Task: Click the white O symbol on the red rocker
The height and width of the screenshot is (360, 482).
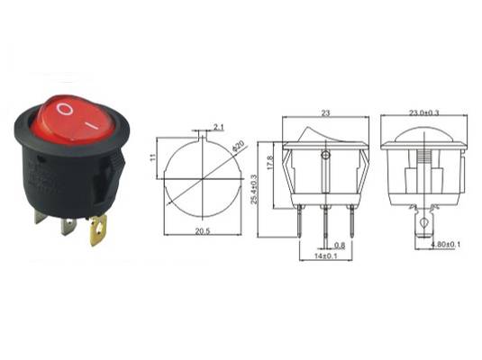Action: (x=65, y=109)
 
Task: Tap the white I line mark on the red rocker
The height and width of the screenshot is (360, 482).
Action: (x=91, y=125)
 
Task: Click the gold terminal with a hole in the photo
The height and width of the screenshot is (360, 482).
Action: (x=98, y=229)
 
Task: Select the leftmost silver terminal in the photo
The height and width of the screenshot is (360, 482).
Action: (x=41, y=216)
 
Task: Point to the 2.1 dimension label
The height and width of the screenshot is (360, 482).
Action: (x=218, y=127)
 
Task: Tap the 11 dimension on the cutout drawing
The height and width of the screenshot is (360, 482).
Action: (x=153, y=157)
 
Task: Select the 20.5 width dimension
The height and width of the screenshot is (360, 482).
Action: (x=202, y=231)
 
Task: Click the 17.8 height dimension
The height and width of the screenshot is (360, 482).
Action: (x=270, y=163)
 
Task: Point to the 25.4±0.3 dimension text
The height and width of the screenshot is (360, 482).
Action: (x=254, y=189)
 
